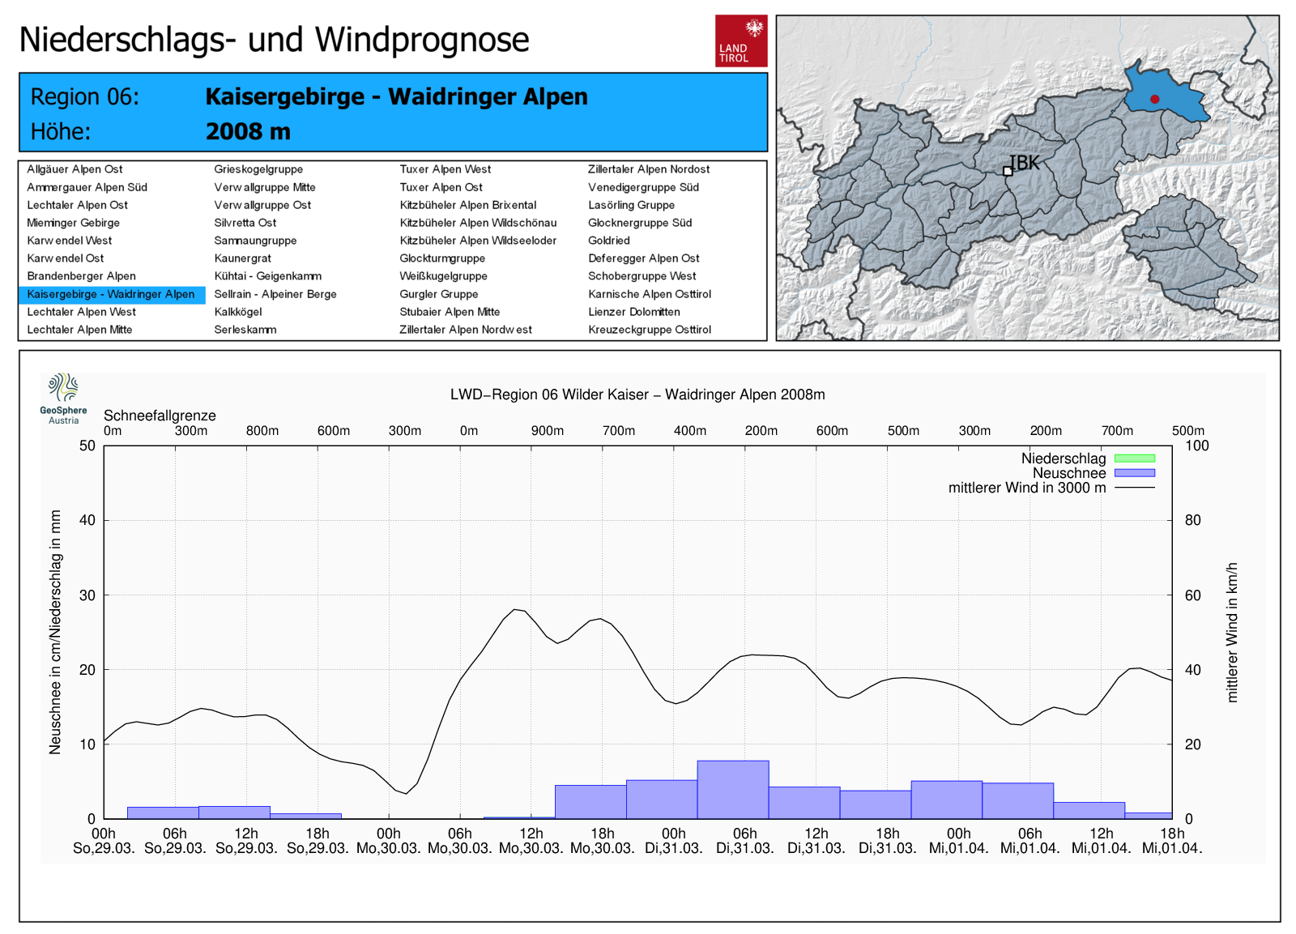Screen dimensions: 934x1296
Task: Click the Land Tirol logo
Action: click(x=740, y=41)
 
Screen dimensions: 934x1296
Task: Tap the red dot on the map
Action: click(x=1154, y=99)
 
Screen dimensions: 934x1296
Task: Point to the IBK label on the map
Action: click(x=1025, y=163)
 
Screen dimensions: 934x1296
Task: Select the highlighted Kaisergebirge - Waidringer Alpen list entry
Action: click(x=111, y=294)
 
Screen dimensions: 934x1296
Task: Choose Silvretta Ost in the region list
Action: click(x=245, y=223)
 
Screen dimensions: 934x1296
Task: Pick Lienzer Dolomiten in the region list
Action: click(x=633, y=312)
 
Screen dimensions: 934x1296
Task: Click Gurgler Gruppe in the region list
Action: click(x=438, y=294)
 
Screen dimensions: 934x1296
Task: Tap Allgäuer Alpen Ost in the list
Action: click(x=75, y=169)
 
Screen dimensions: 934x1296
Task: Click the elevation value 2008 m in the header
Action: click(x=248, y=131)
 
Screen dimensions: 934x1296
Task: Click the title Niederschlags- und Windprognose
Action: click(x=274, y=40)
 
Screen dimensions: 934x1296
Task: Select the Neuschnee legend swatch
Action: click(x=1134, y=473)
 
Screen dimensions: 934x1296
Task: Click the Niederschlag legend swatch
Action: click(x=1134, y=458)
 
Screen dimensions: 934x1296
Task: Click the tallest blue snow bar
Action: click(x=733, y=789)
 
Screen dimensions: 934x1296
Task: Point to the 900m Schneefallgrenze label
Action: click(x=548, y=431)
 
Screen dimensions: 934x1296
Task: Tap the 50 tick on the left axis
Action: click(x=87, y=446)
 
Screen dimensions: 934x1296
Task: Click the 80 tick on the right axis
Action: click(x=1192, y=520)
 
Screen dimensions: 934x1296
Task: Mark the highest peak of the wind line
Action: click(x=515, y=609)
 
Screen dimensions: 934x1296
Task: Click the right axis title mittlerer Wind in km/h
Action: click(x=1232, y=632)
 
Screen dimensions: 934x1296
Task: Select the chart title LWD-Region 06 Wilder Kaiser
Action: click(x=637, y=394)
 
